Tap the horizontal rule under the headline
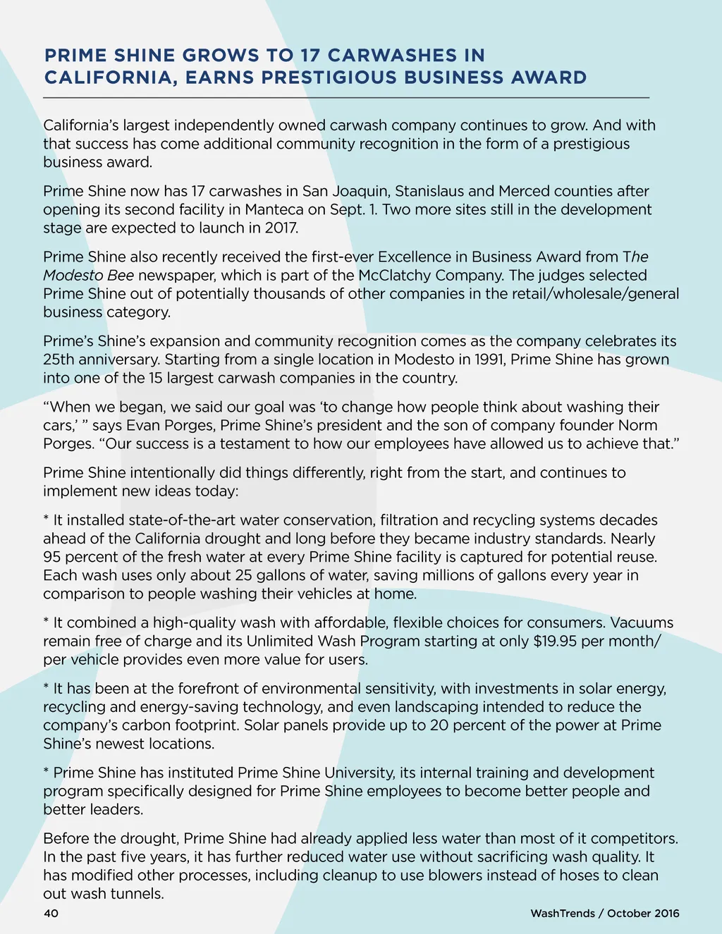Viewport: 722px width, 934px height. [x=345, y=97]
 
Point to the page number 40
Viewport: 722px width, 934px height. [x=51, y=914]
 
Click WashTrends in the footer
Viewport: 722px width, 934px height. [x=563, y=914]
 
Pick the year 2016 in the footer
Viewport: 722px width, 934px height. [x=666, y=914]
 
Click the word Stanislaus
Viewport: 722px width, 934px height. [x=429, y=191]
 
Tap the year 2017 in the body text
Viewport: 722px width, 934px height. [x=281, y=228]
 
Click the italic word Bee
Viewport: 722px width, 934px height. [x=121, y=275]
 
